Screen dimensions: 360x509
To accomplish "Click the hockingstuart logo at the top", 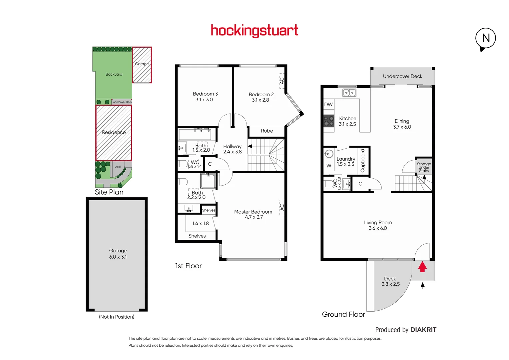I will tap(254, 31).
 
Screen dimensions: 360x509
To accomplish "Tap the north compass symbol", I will tap(485, 38).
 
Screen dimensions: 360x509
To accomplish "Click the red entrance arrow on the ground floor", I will tap(422, 267).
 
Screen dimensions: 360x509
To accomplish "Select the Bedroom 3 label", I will tap(205, 97).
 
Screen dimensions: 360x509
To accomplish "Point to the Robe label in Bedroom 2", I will tap(267, 131).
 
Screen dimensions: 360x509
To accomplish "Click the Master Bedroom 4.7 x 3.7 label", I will tap(253, 214).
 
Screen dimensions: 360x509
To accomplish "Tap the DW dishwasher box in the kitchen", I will tap(328, 104).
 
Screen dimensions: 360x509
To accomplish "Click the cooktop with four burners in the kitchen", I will tap(329, 121).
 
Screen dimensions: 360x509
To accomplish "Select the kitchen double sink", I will tap(349, 93).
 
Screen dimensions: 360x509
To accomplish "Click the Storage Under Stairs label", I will tap(424, 167).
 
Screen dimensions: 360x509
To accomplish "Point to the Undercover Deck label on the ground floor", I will tap(402, 76).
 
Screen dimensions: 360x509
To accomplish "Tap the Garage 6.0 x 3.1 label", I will tap(118, 254).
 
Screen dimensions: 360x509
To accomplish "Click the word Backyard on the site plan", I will tap(114, 74).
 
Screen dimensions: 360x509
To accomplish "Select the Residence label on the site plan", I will tap(114, 132).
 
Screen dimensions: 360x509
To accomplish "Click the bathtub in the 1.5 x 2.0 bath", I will tap(195, 134).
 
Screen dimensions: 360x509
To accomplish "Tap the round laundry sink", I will tap(329, 154).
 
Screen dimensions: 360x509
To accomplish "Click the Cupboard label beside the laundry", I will tap(363, 161).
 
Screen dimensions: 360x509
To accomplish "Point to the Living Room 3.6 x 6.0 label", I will tap(378, 225).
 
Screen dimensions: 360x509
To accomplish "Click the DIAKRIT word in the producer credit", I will tap(423, 330).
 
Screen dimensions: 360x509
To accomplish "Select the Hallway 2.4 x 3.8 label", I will tap(232, 149).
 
